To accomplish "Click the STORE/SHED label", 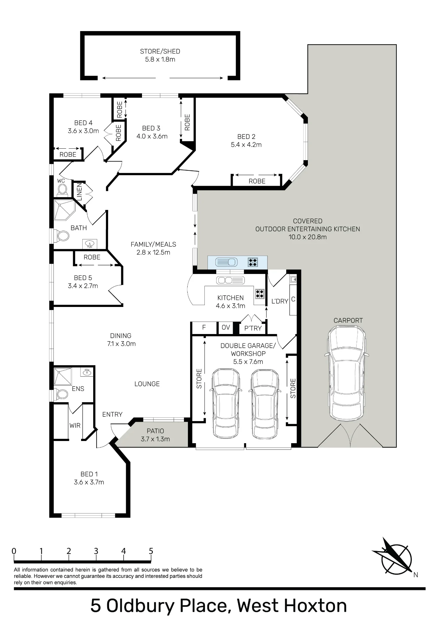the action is [160, 51].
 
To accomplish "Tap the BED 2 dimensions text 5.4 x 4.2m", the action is [246, 145].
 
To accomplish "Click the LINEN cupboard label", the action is [79, 192].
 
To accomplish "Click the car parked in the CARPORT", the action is [346, 373].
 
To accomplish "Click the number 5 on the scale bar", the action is [151, 551].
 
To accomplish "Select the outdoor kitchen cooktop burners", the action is [253, 262].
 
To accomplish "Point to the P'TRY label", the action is [253, 328].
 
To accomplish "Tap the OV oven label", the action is [226, 327].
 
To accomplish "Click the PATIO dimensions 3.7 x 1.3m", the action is [155, 439].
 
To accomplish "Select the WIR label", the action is [75, 425].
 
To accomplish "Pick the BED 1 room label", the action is [89, 474].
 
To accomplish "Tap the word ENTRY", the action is [112, 414].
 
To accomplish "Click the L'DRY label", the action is [280, 301].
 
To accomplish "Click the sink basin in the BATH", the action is [90, 244].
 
